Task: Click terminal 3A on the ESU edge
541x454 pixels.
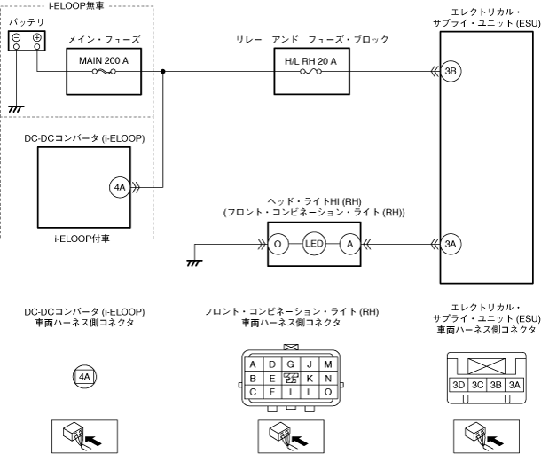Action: click(x=450, y=244)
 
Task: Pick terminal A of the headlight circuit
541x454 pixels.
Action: click(x=350, y=244)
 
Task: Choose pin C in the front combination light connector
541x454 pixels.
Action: click(x=254, y=391)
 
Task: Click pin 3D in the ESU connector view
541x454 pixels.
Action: click(x=459, y=386)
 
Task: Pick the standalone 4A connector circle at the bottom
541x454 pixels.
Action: click(x=84, y=377)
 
